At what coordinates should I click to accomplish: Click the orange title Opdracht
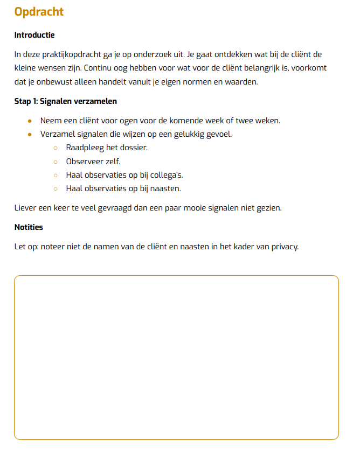click(39, 11)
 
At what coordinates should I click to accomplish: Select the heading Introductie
click(34, 35)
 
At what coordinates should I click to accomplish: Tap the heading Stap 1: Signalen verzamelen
click(65, 101)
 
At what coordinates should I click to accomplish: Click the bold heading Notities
click(29, 227)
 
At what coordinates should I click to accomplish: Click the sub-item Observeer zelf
click(93, 161)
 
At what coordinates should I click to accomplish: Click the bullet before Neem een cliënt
click(30, 120)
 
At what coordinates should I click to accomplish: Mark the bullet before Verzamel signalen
click(30, 134)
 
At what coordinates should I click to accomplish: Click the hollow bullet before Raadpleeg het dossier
click(56, 148)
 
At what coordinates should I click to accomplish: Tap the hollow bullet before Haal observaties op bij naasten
click(56, 189)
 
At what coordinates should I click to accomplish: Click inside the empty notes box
click(176, 358)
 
